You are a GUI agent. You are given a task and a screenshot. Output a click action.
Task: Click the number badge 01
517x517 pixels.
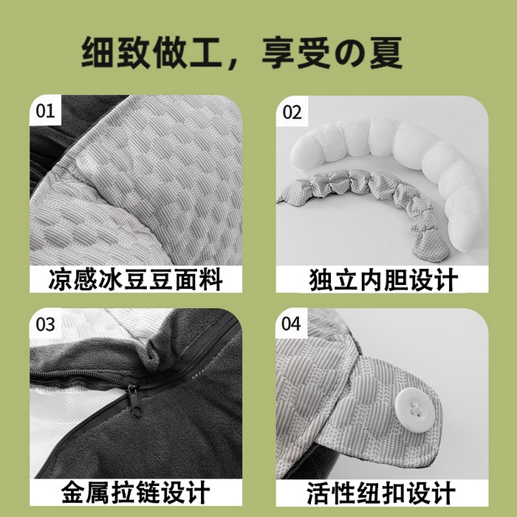click(46, 112)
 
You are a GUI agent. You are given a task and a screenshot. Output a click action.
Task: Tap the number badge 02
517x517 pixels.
click(292, 112)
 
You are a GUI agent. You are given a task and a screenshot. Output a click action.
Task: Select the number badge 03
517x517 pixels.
click(46, 324)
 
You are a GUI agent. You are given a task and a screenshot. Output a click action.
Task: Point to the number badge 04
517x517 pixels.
click(292, 324)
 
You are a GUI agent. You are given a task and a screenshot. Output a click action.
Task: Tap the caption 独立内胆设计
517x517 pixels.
click(383, 281)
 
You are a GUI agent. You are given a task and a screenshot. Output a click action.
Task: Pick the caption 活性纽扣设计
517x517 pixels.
click(383, 493)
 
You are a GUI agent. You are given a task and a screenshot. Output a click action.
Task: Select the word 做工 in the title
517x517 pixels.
click(188, 54)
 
